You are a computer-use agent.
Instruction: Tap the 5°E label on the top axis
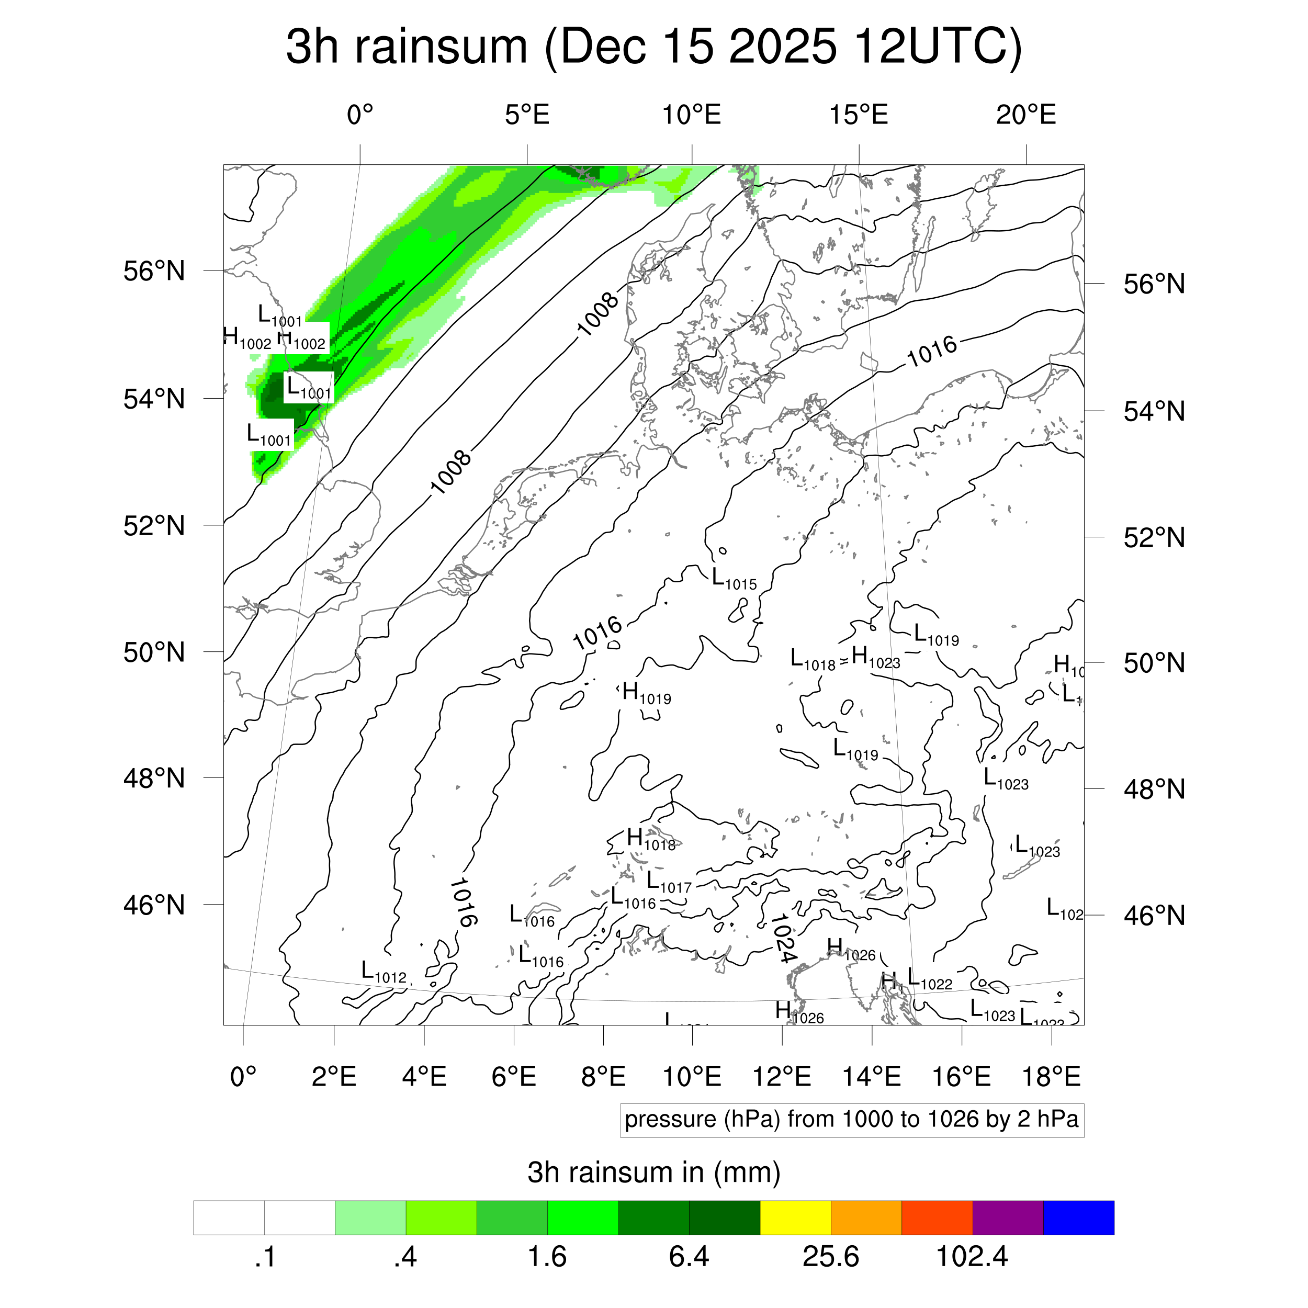pyautogui.click(x=527, y=115)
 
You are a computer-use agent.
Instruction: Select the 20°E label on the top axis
pyautogui.click(x=1025, y=115)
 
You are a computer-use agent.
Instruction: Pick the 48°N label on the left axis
pyautogui.click(x=154, y=779)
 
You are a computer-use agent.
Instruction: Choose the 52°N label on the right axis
pyautogui.click(x=1154, y=538)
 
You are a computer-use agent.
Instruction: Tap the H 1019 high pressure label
pyautogui.click(x=647, y=693)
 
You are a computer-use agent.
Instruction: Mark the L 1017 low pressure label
pyautogui.click(x=669, y=882)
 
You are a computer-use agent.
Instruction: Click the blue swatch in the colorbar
pyautogui.click(x=1078, y=1217)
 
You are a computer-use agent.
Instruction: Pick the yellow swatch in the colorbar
pyautogui.click(x=795, y=1217)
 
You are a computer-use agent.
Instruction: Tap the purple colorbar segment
pyautogui.click(x=1007, y=1217)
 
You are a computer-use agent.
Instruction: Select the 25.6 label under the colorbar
pyautogui.click(x=831, y=1257)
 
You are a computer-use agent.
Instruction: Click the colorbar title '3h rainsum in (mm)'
pyautogui.click(x=653, y=1172)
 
